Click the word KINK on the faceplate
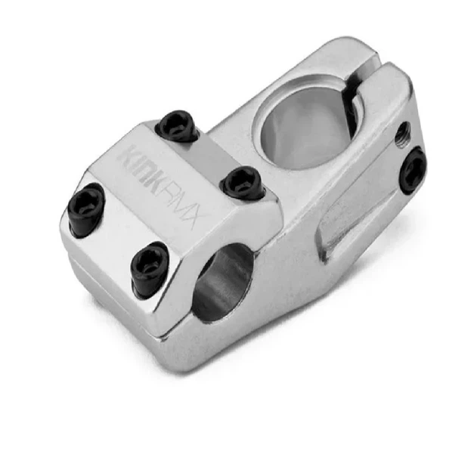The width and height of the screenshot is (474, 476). [x=143, y=168]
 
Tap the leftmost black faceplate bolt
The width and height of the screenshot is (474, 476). [x=86, y=209]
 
